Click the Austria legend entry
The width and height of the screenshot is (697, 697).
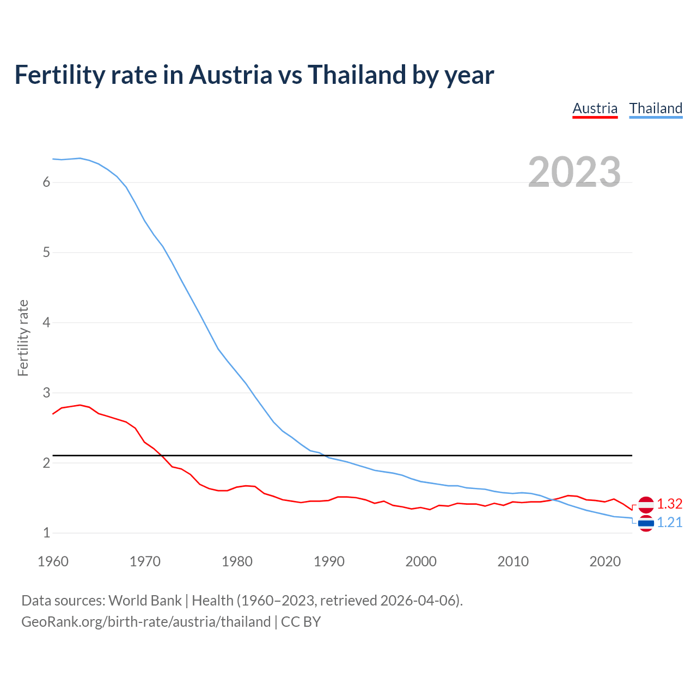(x=595, y=108)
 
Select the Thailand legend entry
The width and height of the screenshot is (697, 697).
(x=656, y=108)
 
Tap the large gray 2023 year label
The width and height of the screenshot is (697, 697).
(x=574, y=172)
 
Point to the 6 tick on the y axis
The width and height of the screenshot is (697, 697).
(x=46, y=182)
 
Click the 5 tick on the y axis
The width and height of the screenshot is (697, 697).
(x=46, y=253)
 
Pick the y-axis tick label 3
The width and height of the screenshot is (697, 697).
(x=46, y=393)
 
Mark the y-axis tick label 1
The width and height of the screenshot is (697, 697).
(x=46, y=533)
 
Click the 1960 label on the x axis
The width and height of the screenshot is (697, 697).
(x=53, y=561)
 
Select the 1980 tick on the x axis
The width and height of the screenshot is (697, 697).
(x=237, y=561)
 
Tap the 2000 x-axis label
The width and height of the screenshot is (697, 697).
(x=421, y=561)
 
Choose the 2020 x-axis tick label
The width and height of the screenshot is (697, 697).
(x=605, y=561)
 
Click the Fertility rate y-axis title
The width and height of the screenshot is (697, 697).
(x=23, y=338)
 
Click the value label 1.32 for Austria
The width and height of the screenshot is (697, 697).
(x=669, y=504)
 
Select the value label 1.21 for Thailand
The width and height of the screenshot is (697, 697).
(x=669, y=523)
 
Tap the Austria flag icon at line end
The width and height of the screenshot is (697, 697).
(x=646, y=505)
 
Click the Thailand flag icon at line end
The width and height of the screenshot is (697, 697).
(x=646, y=523)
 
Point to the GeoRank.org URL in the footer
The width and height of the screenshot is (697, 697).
(x=146, y=622)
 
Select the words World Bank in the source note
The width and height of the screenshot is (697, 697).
(x=145, y=601)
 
